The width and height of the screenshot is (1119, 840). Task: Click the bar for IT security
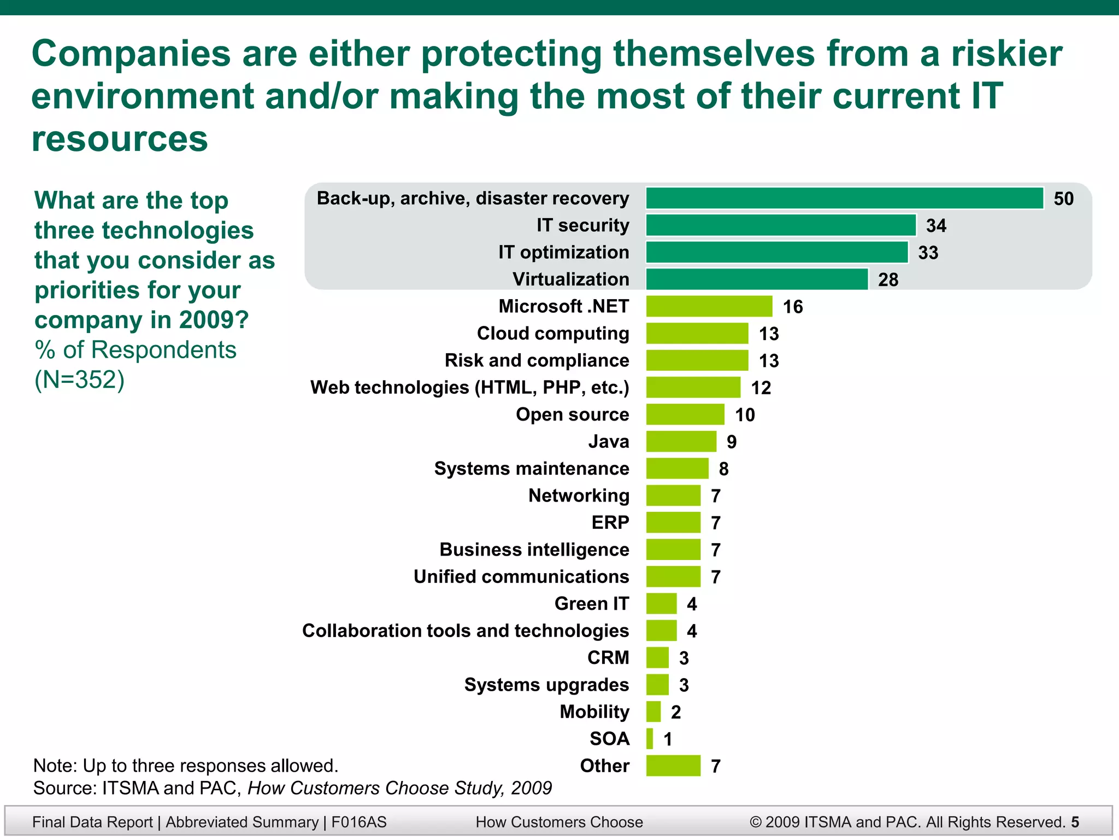780,225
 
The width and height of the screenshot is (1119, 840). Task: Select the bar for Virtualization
757,279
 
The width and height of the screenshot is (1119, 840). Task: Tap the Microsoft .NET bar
709,306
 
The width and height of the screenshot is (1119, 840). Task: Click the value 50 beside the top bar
1063,199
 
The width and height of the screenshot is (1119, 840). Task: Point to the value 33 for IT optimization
928,253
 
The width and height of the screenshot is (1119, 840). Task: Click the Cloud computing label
552,333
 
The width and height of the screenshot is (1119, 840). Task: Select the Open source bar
685,415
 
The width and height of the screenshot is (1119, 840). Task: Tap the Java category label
608,441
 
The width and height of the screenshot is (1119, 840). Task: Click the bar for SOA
650,739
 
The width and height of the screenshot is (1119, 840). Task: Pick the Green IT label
591,603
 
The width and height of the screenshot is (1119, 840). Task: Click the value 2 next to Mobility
676,712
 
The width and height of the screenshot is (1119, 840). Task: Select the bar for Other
673,766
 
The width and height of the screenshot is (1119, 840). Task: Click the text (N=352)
80,380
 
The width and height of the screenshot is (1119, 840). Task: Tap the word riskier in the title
1006,54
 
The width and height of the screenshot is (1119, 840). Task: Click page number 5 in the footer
1075,822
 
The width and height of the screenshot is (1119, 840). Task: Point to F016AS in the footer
358,822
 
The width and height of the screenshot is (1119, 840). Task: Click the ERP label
610,522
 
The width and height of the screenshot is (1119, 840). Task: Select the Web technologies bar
693,387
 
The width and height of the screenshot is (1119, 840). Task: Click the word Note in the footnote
53,766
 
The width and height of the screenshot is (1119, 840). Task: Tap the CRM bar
657,657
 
